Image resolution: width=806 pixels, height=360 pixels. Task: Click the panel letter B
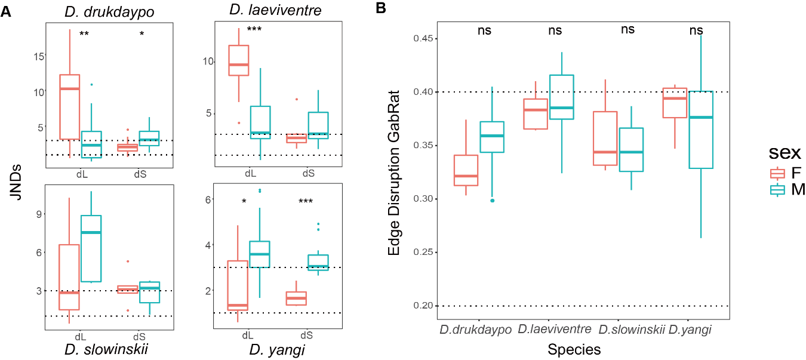pyautogui.click(x=380, y=8)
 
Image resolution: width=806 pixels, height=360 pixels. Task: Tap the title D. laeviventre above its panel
pyautogui.click(x=266, y=10)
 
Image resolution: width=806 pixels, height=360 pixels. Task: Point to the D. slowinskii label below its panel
pyautogui.click(x=108, y=349)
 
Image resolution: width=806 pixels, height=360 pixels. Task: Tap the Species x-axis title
pyautogui.click(x=574, y=349)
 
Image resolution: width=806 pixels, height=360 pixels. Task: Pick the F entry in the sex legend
pyautogui.click(x=787, y=173)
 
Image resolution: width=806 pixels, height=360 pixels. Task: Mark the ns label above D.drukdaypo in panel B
pyautogui.click(x=484, y=30)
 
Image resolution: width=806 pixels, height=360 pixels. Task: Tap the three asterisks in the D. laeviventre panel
pyautogui.click(x=254, y=29)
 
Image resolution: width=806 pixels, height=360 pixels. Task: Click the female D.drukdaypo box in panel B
pyautogui.click(x=466, y=171)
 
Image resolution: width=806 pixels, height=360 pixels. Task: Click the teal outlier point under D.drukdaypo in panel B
pyautogui.click(x=493, y=201)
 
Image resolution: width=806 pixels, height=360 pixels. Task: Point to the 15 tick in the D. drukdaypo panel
pyautogui.click(x=39, y=56)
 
